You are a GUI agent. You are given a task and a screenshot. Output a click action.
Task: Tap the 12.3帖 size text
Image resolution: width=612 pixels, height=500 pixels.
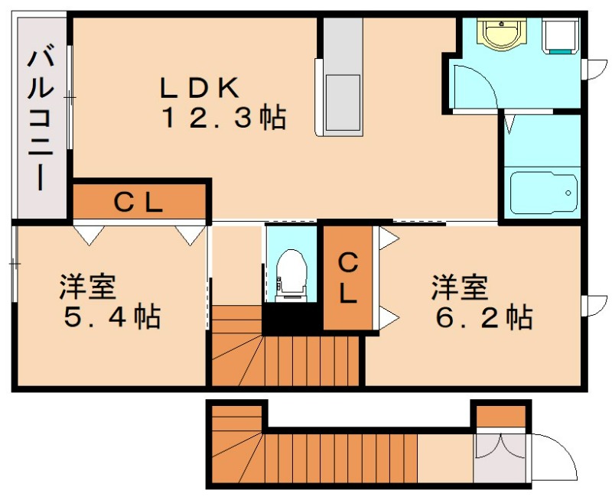(x=223, y=119)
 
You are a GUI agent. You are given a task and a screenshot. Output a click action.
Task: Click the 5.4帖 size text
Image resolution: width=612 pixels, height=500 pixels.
(x=112, y=316)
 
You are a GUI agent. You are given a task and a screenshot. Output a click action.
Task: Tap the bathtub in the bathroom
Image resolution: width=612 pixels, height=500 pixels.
(x=542, y=193)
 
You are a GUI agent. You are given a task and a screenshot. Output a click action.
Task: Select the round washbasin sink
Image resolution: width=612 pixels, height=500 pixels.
(x=502, y=33)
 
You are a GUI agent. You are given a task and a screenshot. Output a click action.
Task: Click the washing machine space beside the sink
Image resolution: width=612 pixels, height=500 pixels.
(x=560, y=35)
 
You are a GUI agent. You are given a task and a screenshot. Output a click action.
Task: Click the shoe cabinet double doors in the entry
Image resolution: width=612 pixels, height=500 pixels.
(x=499, y=453)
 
